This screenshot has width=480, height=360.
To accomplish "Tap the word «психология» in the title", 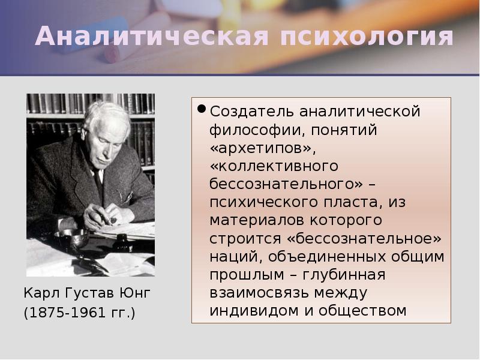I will pos(367,37).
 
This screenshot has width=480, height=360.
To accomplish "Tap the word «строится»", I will pos(246,239).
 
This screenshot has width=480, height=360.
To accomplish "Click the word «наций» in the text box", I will pos(232,257).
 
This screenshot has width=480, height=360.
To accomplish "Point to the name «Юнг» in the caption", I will pos(134,293).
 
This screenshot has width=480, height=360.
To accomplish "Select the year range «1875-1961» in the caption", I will pos(65,313).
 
